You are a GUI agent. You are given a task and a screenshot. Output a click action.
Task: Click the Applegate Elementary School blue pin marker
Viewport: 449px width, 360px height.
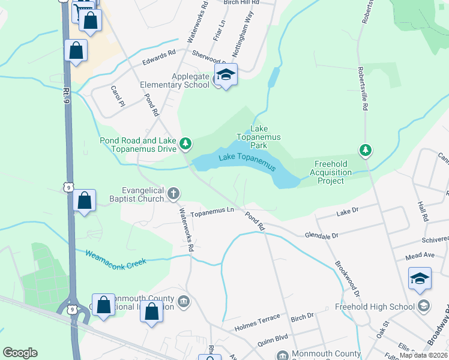click(226, 76)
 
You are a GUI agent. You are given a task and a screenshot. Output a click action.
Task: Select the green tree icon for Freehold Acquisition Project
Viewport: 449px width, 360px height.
click(364, 149)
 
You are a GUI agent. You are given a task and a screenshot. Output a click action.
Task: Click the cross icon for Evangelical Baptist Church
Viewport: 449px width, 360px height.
click(173, 193)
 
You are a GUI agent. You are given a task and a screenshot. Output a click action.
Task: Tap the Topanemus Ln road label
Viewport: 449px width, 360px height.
click(212, 211)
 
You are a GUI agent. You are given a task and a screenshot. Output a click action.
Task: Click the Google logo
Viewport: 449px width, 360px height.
click(20, 353)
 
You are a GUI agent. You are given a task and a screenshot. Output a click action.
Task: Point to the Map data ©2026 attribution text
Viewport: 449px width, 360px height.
click(424, 355)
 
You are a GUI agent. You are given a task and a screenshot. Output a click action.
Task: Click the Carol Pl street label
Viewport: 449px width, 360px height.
click(116, 96)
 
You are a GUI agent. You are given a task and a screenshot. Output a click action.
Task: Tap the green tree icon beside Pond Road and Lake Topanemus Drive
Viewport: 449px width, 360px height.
click(186, 143)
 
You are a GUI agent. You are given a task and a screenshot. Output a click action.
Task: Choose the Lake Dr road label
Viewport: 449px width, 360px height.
click(347, 211)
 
